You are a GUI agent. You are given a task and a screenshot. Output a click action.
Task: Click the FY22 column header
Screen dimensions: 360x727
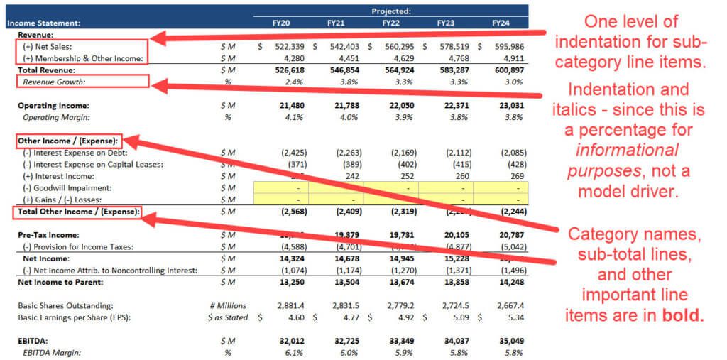(x=390, y=23)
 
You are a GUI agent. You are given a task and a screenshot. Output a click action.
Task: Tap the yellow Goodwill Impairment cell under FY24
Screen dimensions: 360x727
(x=501, y=187)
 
